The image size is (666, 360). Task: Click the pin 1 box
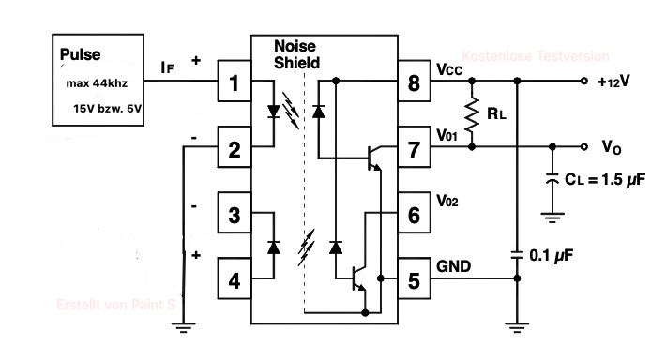pyautogui.click(x=234, y=81)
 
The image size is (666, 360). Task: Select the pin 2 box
pyautogui.click(x=234, y=147)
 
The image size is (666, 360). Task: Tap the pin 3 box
pyautogui.click(x=234, y=212)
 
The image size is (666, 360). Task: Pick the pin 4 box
pyautogui.click(x=234, y=278)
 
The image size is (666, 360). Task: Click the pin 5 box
pyautogui.click(x=414, y=278)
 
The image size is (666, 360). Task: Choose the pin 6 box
pyautogui.click(x=414, y=212)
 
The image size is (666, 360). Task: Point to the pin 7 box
pyautogui.click(x=414, y=147)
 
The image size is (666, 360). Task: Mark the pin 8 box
pyautogui.click(x=414, y=81)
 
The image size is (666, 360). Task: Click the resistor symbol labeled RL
pyautogui.click(x=472, y=113)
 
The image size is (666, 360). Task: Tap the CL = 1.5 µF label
pyautogui.click(x=605, y=179)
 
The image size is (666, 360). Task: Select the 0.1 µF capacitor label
pyautogui.click(x=551, y=255)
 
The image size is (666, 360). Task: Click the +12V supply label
pyautogui.click(x=613, y=81)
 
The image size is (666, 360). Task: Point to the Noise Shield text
pyautogui.click(x=296, y=54)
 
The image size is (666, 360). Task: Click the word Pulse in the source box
pyautogui.click(x=80, y=54)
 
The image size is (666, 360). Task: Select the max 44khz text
pyautogui.click(x=97, y=83)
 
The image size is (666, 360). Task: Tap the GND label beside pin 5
pyautogui.click(x=454, y=266)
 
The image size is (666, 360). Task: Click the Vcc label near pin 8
pyautogui.click(x=449, y=69)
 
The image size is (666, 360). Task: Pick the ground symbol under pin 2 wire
pyautogui.click(x=184, y=327)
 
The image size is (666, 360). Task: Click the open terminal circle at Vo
pyautogui.click(x=584, y=147)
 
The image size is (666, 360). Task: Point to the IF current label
pyautogui.click(x=167, y=67)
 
